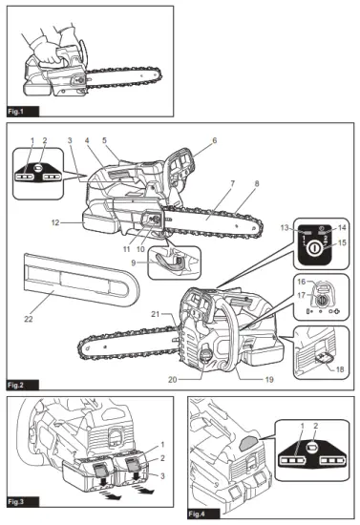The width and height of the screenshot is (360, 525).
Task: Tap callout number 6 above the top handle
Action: (x=214, y=139)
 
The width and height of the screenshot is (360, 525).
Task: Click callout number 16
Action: (x=299, y=283)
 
